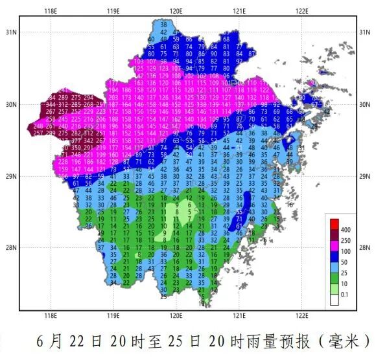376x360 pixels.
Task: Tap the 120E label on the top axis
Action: coord(176,11)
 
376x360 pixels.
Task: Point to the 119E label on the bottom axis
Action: coord(113,315)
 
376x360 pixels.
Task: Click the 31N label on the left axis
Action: coord(10,32)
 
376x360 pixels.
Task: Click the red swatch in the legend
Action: coord(334,223)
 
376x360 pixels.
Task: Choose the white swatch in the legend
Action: coord(334,299)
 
